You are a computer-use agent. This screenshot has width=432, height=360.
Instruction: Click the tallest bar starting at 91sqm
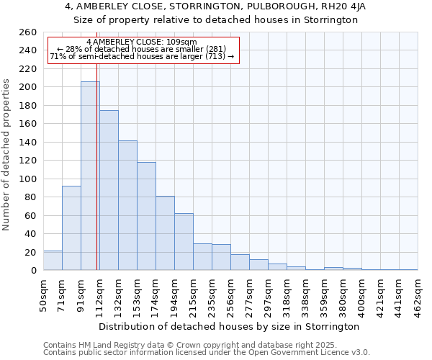coord(90,176)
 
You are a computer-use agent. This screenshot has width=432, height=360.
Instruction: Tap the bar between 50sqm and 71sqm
coord(53,261)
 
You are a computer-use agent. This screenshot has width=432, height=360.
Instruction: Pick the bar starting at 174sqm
coord(165,233)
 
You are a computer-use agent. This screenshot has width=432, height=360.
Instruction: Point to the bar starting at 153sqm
coord(146,216)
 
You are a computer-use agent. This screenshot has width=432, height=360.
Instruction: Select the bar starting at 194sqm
coord(184,242)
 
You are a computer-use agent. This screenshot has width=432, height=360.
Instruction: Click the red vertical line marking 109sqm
coord(96,180)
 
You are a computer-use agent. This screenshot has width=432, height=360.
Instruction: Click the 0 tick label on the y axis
coord(33,271)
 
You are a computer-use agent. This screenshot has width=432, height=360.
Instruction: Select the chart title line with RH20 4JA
coord(216,7)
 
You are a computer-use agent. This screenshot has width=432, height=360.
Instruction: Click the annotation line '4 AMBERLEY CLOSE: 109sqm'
coord(141,42)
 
